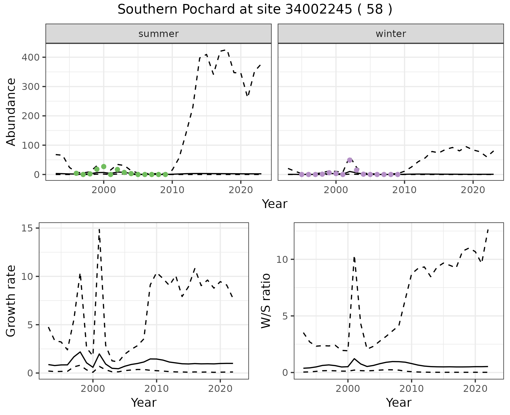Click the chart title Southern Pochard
[255, 10]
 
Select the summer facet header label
[158, 34]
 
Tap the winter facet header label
[390, 34]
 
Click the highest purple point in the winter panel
[350, 160]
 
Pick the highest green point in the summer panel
[104, 167]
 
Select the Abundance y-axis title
[11, 112]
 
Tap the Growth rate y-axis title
[11, 301]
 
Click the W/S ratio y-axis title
[266, 301]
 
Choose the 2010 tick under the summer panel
[172, 190]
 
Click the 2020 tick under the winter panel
[473, 190]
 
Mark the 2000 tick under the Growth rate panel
[93, 389]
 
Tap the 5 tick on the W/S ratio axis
[286, 316]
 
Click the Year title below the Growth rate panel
[144, 402]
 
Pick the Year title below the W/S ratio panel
[398, 402]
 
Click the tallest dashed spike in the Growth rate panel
[99, 229]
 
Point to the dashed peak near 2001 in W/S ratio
[354, 257]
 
